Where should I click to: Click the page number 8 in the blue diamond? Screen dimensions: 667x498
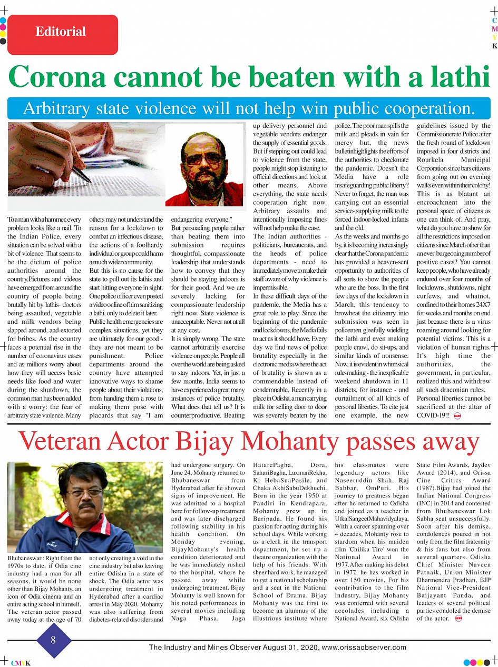tap(53, 640)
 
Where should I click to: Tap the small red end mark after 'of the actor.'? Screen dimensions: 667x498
tap(458, 618)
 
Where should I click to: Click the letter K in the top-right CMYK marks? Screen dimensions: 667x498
tap(494, 46)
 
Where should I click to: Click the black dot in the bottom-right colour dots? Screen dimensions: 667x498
tap(487, 662)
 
